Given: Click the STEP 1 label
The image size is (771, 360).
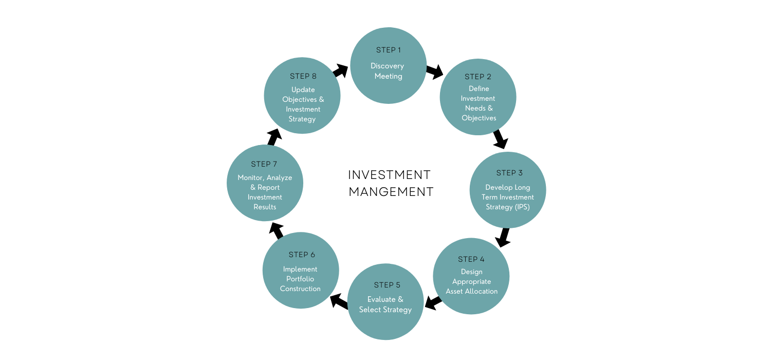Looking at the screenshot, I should (x=388, y=50).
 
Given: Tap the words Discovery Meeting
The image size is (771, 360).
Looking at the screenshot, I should (x=388, y=71).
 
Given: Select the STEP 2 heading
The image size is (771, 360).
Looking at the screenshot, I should (x=478, y=77).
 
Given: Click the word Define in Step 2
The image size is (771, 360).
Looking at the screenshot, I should (x=479, y=88).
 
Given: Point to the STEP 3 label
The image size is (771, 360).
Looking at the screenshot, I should (x=509, y=173).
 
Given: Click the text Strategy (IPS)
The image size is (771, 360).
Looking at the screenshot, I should (x=507, y=207).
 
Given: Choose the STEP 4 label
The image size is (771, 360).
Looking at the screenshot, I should (x=471, y=259).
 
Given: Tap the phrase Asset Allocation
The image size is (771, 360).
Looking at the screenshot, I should (x=471, y=291).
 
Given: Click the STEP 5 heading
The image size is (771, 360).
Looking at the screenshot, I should (x=387, y=285).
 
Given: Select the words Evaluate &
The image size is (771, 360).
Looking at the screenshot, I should (x=385, y=299).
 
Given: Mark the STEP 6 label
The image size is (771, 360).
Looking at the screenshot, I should (x=301, y=255).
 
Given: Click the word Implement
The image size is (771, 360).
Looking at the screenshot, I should (x=300, y=269).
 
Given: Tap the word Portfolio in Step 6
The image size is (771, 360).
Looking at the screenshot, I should (x=300, y=279).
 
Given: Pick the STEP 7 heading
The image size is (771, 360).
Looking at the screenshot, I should (x=264, y=164).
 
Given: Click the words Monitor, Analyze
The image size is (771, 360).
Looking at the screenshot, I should (x=265, y=177).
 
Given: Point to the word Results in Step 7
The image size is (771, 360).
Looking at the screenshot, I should (x=265, y=207).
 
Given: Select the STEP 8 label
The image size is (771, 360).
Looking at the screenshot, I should (x=303, y=76).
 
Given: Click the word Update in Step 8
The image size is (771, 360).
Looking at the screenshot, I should (x=303, y=89).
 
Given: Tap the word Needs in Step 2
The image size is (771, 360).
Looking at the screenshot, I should (x=474, y=108).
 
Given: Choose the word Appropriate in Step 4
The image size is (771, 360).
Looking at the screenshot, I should (x=471, y=281).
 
